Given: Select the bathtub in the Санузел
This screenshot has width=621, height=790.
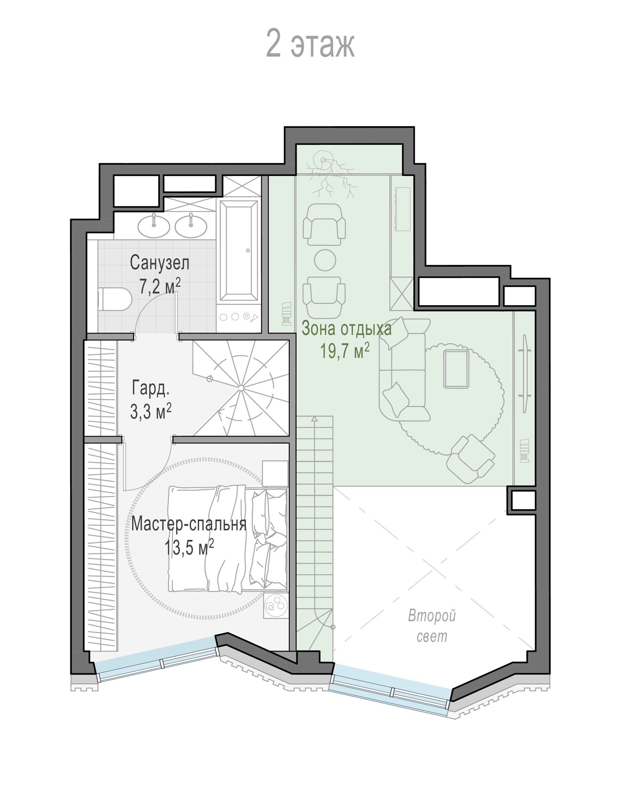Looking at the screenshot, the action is point(239,251).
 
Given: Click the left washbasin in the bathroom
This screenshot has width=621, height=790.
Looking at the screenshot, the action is point(154,225).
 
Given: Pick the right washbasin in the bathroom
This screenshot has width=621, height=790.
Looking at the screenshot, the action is point(191,225).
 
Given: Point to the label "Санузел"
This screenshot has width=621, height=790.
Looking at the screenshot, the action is point(160,262).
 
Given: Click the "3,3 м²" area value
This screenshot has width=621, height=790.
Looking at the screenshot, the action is point(151,411).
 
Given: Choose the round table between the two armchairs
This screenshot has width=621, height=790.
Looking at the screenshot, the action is point(325,260).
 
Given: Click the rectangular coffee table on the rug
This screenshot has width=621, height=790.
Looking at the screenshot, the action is point(456,369).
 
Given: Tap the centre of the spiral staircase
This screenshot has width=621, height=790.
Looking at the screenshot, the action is point(241,388).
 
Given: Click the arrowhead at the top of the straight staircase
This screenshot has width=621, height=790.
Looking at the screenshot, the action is point(314,419).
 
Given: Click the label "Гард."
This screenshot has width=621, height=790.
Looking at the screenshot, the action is point(151,387).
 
